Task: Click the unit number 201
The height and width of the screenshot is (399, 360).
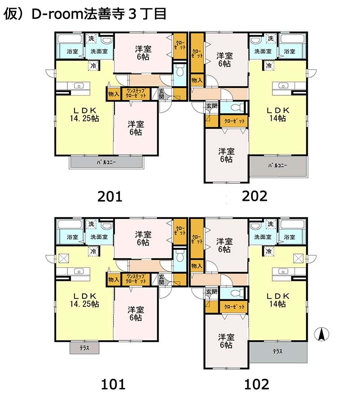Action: (x=110, y=197)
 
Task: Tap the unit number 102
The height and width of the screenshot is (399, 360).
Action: (x=256, y=384)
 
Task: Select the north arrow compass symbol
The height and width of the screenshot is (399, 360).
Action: (x=321, y=334)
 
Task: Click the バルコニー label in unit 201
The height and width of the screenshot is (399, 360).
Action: (x=106, y=162)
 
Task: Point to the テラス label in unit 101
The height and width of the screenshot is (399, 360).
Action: (x=84, y=348)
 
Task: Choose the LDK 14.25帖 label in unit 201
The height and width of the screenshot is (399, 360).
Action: (x=84, y=115)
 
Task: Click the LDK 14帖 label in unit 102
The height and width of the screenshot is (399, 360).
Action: (x=277, y=300)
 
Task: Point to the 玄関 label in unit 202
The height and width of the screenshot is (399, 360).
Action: (x=211, y=106)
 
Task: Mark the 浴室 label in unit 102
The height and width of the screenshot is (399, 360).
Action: (x=290, y=237)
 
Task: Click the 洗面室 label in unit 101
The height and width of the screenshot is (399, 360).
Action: (x=99, y=237)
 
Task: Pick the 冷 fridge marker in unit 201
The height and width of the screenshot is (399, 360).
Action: (x=93, y=66)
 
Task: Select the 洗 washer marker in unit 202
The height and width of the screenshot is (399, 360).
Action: (x=271, y=39)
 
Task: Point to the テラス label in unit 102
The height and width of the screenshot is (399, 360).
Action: (x=277, y=351)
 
